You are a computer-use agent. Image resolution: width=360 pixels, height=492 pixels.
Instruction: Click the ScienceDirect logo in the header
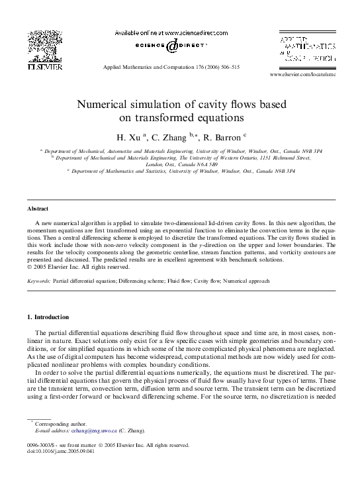171,46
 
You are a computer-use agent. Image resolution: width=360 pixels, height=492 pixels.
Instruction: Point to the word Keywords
38,281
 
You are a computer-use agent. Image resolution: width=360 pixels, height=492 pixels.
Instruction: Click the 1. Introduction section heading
48,317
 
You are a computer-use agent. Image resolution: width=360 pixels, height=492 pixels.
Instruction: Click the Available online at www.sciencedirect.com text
171,32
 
